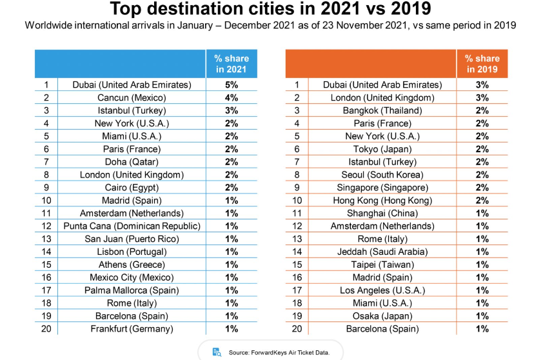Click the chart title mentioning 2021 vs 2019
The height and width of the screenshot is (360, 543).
(x=270, y=10)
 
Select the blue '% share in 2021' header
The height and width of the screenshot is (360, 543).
(x=232, y=63)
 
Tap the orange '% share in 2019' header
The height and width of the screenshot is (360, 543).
(x=482, y=63)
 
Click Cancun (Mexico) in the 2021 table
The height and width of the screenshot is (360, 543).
(x=132, y=97)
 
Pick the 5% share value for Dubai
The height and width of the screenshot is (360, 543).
(x=232, y=85)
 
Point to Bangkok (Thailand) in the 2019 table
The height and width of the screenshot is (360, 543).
(x=382, y=110)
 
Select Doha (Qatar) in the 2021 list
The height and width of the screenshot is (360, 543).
(x=132, y=161)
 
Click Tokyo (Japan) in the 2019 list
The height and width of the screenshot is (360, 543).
(x=382, y=149)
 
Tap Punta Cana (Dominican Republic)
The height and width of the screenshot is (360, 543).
(x=132, y=226)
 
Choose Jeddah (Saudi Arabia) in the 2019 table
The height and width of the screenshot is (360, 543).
(x=382, y=252)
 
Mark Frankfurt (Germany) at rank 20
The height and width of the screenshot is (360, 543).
(x=132, y=328)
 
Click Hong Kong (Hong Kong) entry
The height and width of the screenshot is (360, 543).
(x=382, y=200)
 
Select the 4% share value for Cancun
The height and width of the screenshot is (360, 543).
(x=232, y=97)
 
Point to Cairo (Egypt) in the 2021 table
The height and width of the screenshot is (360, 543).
(x=132, y=187)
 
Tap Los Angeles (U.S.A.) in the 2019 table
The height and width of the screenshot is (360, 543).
(x=382, y=290)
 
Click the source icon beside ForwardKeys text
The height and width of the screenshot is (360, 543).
(x=217, y=352)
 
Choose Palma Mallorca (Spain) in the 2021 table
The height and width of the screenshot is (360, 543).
(x=132, y=290)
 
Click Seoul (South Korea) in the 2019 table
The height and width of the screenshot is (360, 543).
(x=382, y=174)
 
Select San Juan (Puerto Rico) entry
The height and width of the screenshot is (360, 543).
(x=132, y=239)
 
